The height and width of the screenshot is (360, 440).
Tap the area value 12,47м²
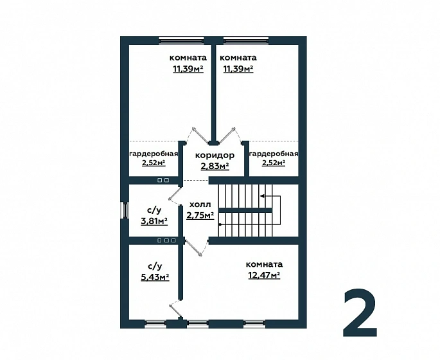[265, 275]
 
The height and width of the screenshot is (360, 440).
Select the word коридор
[215, 156]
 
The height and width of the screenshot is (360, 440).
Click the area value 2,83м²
[215, 166]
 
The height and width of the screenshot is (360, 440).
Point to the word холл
[200, 204]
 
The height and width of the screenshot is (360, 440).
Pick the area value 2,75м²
[200, 215]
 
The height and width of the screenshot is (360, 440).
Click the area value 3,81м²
[154, 221]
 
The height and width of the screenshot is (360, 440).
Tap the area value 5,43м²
[155, 277]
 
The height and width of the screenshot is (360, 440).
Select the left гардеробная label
[154, 154]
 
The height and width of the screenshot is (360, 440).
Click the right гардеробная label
[274, 154]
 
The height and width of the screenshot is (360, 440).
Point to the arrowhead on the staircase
[262, 195]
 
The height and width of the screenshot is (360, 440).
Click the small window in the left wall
[125, 210]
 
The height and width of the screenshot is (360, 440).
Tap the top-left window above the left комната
[181, 40]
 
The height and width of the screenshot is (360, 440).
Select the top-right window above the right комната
[246, 40]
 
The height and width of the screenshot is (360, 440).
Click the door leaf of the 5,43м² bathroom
[175, 311]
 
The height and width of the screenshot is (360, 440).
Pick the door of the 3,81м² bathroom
[175, 194]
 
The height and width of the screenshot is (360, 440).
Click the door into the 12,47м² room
[194, 248]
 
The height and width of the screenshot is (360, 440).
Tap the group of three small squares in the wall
[166, 240]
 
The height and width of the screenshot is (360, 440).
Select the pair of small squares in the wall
[163, 180]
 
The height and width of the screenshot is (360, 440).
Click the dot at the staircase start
[220, 224]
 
